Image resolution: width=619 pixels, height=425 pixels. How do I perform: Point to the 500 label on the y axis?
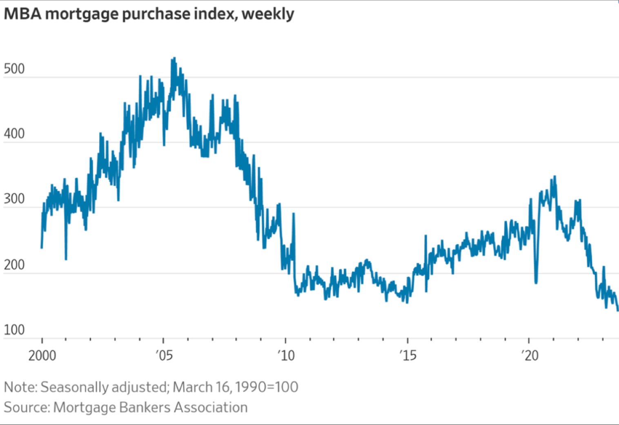click(x=14, y=69)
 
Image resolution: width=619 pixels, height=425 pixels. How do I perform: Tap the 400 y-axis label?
click(x=14, y=134)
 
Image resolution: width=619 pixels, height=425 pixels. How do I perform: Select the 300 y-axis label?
click(x=14, y=199)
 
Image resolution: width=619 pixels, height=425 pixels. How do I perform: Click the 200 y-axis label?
click(x=14, y=265)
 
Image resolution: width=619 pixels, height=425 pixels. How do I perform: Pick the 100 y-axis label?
click(x=14, y=330)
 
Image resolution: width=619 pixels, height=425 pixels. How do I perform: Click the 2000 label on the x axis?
click(x=42, y=356)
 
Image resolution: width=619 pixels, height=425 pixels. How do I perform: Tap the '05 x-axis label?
click(x=164, y=356)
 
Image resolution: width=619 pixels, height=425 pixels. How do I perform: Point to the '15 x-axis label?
click(x=407, y=356)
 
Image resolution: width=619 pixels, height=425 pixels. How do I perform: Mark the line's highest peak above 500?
click(x=174, y=58)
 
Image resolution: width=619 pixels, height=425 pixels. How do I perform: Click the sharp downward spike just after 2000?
click(x=66, y=259)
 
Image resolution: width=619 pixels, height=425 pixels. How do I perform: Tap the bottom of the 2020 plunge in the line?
click(x=536, y=282)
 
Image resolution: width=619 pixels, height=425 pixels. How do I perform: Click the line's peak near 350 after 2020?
click(x=554, y=177)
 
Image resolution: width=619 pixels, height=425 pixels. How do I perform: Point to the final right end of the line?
click(x=617, y=310)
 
